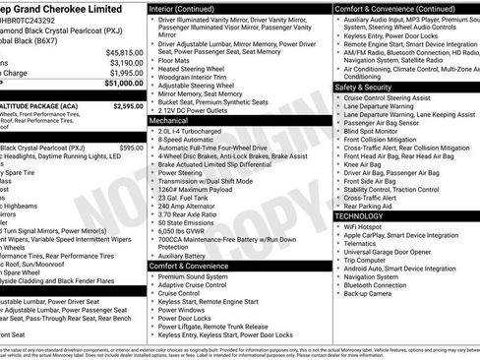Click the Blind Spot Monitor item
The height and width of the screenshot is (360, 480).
373,131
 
